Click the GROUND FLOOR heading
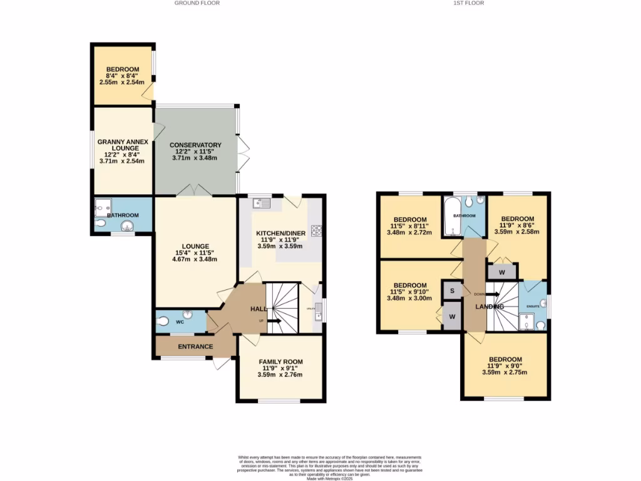coord(197,3)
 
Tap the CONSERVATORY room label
coord(196,145)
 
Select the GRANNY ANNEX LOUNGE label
coord(123,145)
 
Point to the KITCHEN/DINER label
coord(281,233)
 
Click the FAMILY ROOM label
coord(280,362)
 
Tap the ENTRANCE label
coord(195,347)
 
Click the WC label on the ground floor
coord(179,323)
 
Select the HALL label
coord(259,309)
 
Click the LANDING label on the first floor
coord(490,306)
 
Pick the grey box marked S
coord(451,291)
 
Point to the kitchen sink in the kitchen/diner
coord(262,202)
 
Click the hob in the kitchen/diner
coord(315,230)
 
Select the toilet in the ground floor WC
coord(164,322)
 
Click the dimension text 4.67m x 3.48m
coord(195,259)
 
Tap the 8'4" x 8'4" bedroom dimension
coord(121,76)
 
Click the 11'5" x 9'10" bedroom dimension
coord(409,291)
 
